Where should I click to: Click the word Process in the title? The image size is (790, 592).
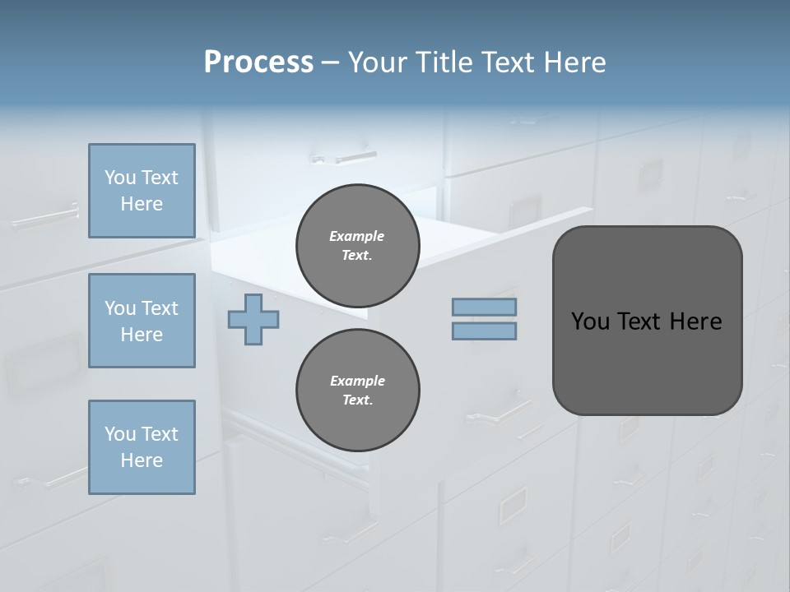(x=258, y=62)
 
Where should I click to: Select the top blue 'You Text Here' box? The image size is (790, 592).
(x=142, y=191)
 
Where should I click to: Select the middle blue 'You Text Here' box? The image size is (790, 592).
(x=142, y=321)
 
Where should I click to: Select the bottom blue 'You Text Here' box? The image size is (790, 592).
(x=142, y=447)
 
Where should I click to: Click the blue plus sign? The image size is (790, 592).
(x=253, y=319)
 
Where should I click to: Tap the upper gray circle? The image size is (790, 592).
(x=357, y=245)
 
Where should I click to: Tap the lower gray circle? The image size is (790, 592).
(x=357, y=390)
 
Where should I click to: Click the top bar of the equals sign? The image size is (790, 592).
(x=484, y=308)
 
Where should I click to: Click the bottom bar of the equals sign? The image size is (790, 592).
(x=484, y=331)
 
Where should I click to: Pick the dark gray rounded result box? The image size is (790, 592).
(x=647, y=362)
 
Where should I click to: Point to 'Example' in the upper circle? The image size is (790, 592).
(x=357, y=236)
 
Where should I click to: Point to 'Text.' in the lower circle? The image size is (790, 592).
(x=357, y=400)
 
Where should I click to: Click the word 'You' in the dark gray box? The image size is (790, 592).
(x=589, y=321)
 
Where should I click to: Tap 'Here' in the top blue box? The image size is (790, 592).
(x=142, y=204)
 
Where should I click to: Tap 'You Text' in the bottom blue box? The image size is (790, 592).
(x=142, y=434)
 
